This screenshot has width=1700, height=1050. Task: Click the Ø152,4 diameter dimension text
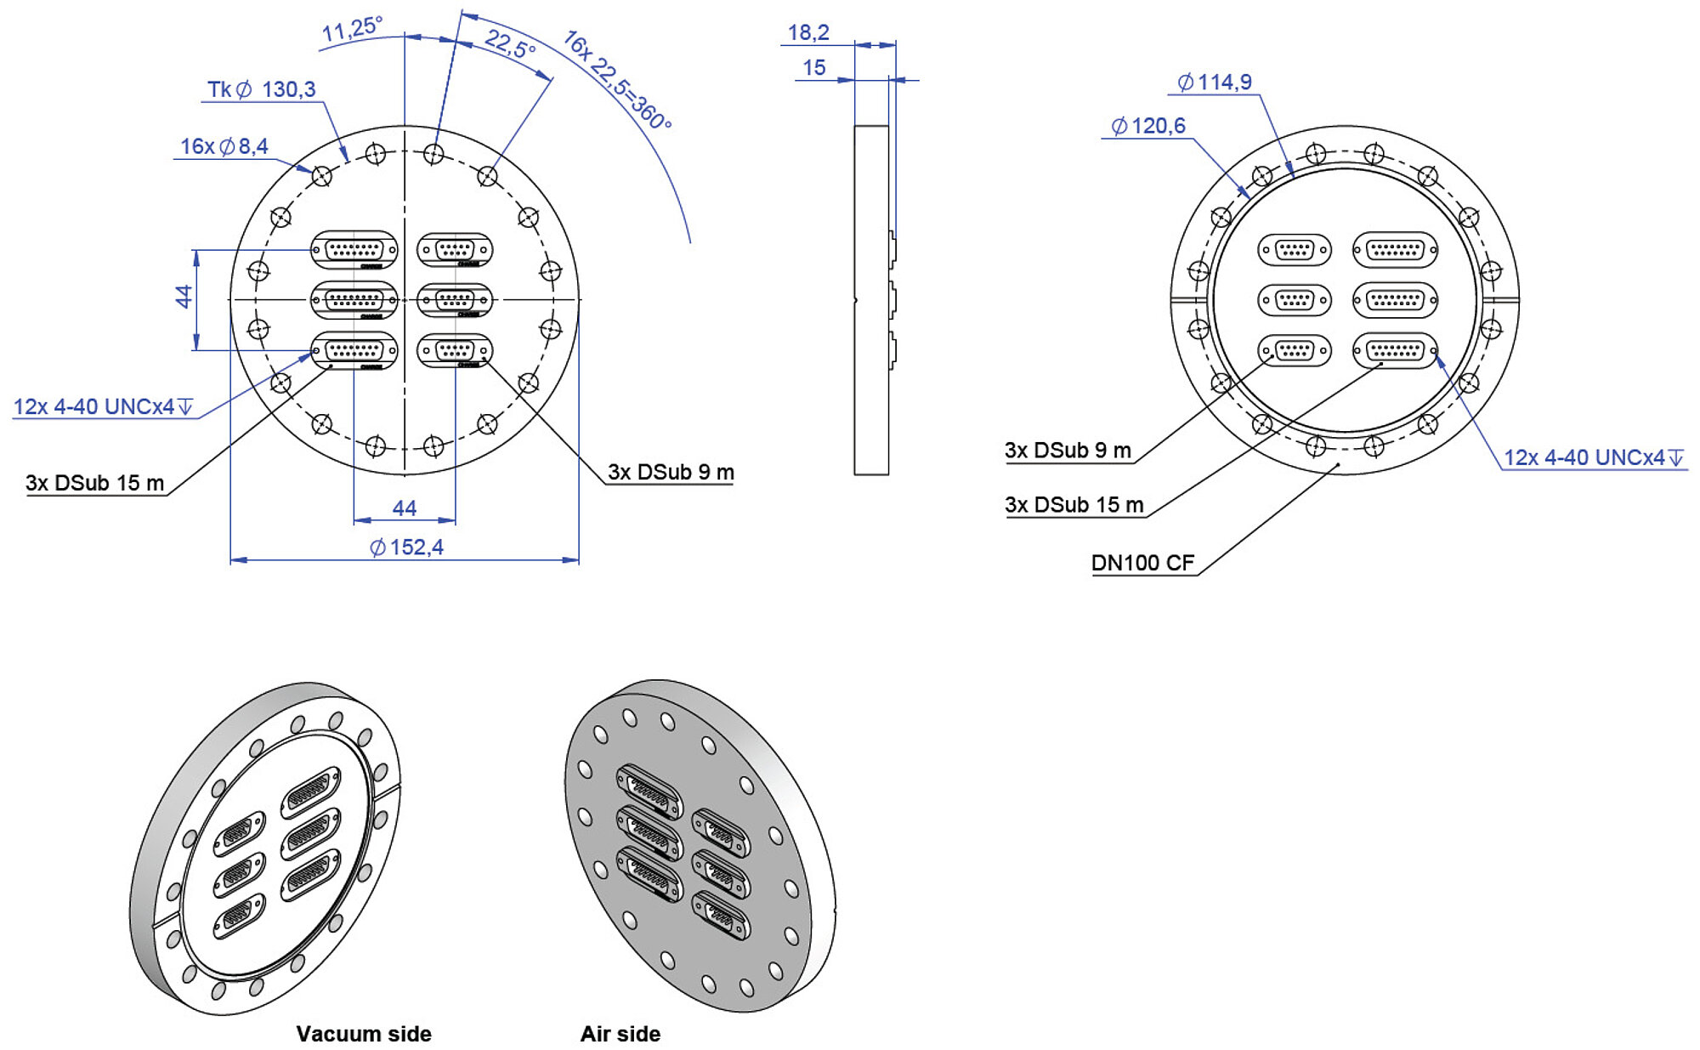pyautogui.click(x=406, y=547)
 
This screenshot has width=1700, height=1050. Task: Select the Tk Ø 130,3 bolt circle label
pyautogui.click(x=262, y=89)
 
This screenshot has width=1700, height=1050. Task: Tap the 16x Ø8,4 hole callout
pyautogui.click(x=224, y=146)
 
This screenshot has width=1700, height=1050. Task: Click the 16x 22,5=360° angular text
pyautogui.click(x=617, y=79)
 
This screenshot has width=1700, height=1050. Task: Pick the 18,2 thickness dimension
pyautogui.click(x=808, y=32)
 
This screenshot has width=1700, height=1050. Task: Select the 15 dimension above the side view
pyautogui.click(x=813, y=67)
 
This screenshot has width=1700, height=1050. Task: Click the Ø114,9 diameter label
pyautogui.click(x=1215, y=82)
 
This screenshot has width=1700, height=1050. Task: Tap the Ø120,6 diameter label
pyautogui.click(x=1148, y=126)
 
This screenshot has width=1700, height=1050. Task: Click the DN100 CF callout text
pyautogui.click(x=1142, y=563)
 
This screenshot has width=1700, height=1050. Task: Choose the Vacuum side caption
pyautogui.click(x=364, y=1034)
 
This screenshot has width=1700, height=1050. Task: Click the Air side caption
pyautogui.click(x=620, y=1034)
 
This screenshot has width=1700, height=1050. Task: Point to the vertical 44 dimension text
pyautogui.click(x=184, y=297)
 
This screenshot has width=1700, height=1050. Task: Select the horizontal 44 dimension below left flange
pyautogui.click(x=405, y=508)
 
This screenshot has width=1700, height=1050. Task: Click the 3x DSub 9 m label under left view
pyautogui.click(x=671, y=472)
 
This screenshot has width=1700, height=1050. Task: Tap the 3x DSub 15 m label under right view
pyautogui.click(x=1074, y=505)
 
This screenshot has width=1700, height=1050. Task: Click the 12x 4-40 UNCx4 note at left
pyautogui.click(x=103, y=406)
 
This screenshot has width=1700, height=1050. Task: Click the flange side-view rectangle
pyautogui.click(x=871, y=300)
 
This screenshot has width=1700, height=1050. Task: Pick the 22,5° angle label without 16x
pyautogui.click(x=510, y=43)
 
